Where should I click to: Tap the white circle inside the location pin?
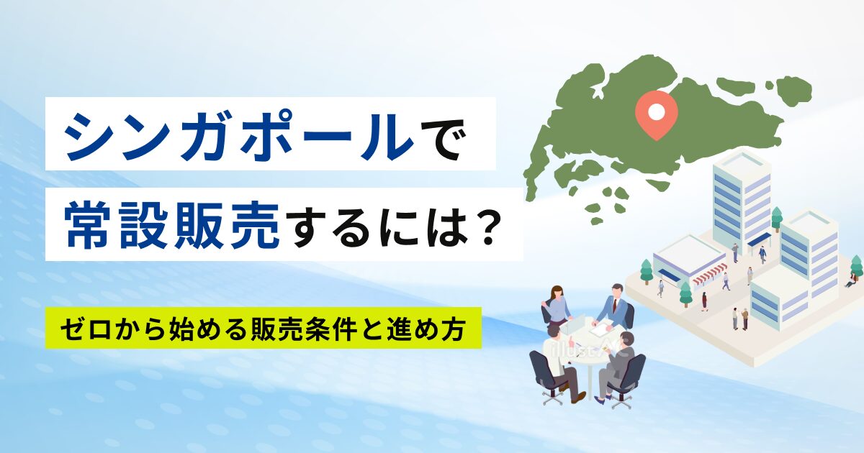coord(657,111)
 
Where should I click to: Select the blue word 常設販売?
coord(171,225)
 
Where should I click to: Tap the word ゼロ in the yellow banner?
coord(86,329)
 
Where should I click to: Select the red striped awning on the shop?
coord(710,273)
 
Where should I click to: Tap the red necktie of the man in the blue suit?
coord(614,306)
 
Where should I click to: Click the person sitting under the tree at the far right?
coord(850,280)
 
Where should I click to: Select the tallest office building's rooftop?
coord(742,163)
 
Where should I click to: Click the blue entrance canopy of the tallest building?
coord(759,239)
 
